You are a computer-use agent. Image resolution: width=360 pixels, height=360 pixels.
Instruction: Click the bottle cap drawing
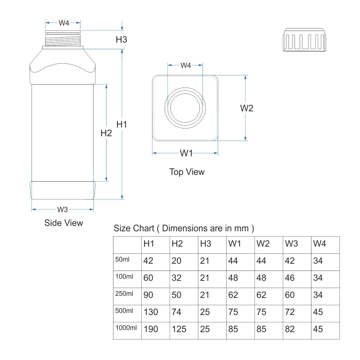click(x=304, y=40)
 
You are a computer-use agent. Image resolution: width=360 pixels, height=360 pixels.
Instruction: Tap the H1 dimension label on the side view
click(x=122, y=124)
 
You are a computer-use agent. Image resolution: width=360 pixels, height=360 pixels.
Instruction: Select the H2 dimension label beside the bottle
click(x=106, y=133)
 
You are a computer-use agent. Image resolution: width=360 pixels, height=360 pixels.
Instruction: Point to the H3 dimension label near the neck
click(x=121, y=40)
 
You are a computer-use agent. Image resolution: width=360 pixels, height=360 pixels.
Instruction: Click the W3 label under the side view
click(x=62, y=209)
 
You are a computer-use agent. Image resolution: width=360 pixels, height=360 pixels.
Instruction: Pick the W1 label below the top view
click(x=186, y=153)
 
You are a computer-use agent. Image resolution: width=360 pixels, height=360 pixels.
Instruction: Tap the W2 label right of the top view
click(x=247, y=108)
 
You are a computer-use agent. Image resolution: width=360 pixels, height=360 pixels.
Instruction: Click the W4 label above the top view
click(x=185, y=65)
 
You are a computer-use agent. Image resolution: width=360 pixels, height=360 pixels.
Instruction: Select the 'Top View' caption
click(x=187, y=172)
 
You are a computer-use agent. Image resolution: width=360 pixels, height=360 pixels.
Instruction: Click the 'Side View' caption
click(x=64, y=223)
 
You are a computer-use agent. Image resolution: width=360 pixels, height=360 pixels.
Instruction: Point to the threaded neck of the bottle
click(x=63, y=40)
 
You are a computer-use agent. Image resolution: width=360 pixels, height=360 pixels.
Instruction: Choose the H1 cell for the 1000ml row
click(x=151, y=329)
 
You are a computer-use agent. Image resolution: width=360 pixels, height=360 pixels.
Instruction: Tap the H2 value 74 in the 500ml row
click(x=176, y=312)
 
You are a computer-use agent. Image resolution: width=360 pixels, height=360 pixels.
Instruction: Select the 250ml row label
click(x=124, y=294)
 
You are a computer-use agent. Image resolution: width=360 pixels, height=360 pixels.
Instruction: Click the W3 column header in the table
click(x=291, y=244)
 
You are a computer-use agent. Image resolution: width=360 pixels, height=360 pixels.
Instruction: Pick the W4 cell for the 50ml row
click(x=318, y=261)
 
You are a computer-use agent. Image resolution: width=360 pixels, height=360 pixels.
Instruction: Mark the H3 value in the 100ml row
click(x=205, y=278)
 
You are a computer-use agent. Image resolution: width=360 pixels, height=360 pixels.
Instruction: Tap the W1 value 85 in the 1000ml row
click(x=233, y=329)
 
